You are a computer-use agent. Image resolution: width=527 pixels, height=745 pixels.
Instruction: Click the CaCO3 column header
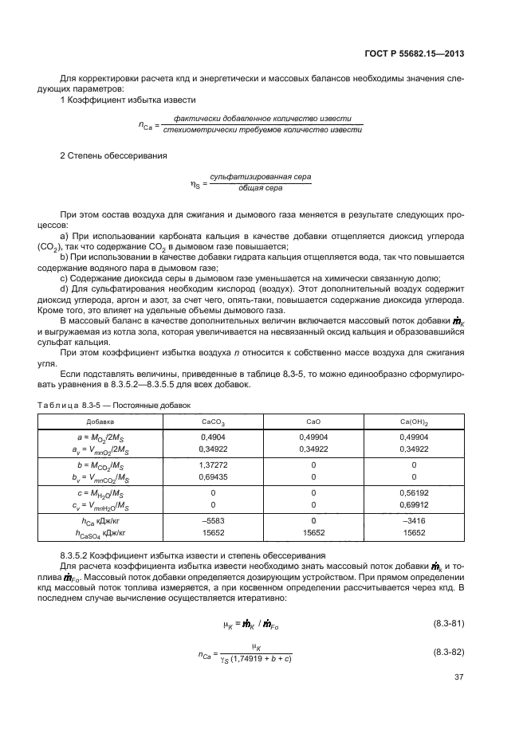213,420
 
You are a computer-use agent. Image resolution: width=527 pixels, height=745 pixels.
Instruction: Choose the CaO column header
313,420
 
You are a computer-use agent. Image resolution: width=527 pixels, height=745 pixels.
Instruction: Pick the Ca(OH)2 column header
414,420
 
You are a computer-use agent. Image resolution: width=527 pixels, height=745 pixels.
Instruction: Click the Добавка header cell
112,420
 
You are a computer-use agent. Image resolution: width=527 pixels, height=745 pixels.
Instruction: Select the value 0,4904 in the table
213,437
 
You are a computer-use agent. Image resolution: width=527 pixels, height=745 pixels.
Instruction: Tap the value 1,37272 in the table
213,465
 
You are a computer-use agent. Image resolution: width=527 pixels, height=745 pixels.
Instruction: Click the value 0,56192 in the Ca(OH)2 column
414,492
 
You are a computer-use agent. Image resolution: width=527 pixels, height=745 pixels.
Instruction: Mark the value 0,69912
414,506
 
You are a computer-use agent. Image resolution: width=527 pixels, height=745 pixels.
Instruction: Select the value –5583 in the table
213,520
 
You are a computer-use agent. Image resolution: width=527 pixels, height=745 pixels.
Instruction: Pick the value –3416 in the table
414,520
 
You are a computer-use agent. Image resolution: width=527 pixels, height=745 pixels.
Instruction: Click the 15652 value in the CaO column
313,534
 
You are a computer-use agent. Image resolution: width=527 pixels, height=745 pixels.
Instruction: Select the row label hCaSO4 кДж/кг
112,534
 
